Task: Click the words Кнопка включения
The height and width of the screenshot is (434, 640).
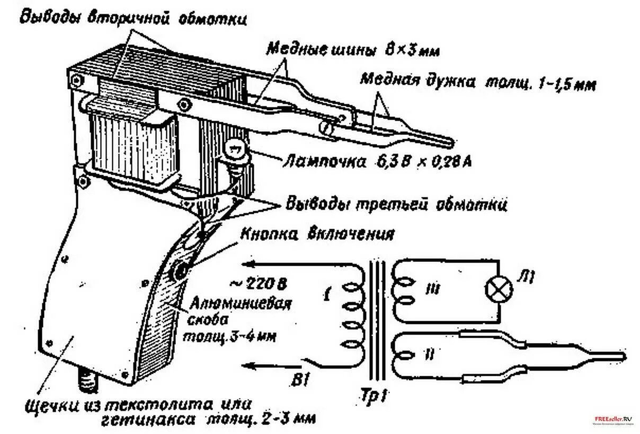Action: tap(317, 234)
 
